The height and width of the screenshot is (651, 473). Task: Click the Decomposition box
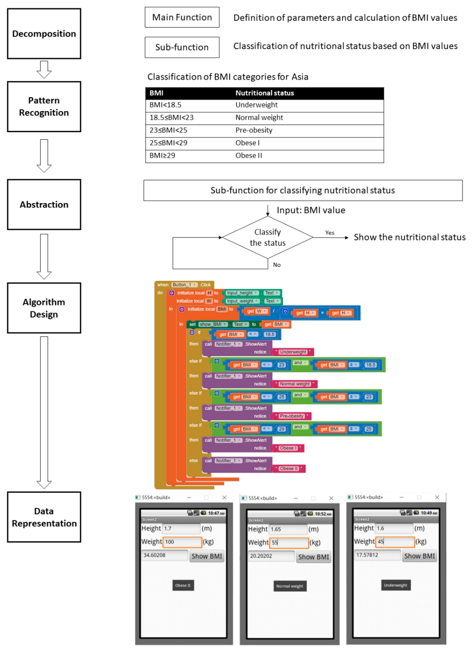[x=44, y=34]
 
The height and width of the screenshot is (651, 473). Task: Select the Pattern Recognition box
[x=44, y=107]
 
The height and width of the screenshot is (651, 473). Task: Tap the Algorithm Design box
[x=44, y=308]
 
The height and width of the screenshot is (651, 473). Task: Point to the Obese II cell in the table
[x=249, y=156]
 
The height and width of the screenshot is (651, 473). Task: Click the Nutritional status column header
[x=264, y=93]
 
